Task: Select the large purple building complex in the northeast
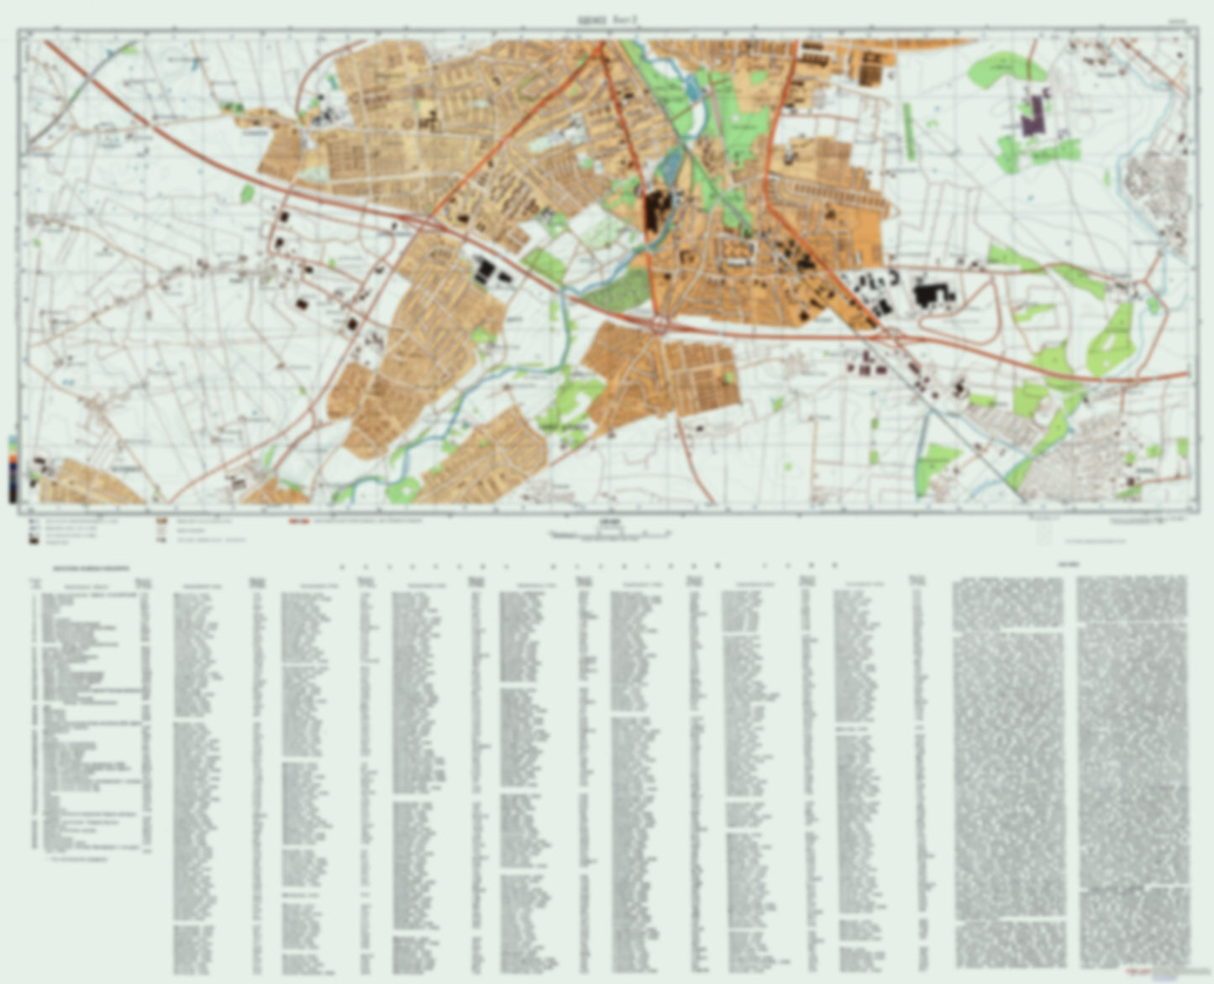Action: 1036,113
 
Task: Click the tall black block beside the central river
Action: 651,211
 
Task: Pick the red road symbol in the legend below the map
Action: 298,521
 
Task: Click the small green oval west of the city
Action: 246,194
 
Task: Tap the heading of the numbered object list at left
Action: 89,568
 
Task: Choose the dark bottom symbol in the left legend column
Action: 34,542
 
